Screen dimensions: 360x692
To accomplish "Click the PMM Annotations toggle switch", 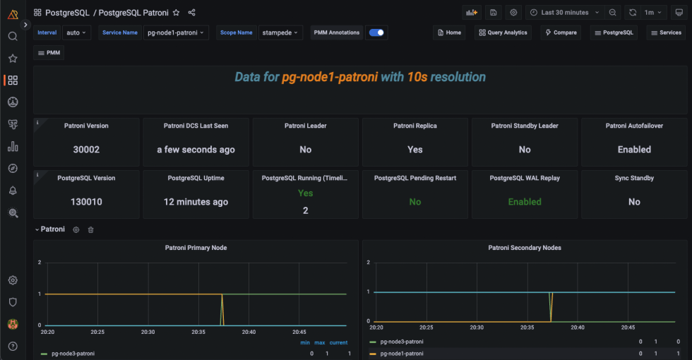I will coord(377,32).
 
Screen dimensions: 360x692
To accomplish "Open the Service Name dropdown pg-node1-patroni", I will coord(176,32).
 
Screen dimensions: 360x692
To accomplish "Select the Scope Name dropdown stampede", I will coord(280,32).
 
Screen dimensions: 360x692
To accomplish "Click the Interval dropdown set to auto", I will coord(76,32).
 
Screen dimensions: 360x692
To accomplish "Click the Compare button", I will coord(561,32).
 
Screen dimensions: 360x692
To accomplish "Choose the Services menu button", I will coord(665,32).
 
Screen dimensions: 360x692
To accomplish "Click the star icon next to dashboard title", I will coord(176,13).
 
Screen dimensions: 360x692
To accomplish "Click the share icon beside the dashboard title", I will coord(192,13).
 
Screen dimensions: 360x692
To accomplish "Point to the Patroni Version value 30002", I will coord(86,150).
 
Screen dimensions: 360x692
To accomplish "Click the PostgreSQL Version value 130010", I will coord(86,202).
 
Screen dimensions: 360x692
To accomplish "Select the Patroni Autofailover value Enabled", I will coord(634,150).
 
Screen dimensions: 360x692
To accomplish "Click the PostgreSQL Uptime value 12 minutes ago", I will coord(196,202).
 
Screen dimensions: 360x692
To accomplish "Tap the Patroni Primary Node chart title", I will coord(196,248).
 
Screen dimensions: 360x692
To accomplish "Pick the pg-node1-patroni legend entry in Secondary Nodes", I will coord(402,353).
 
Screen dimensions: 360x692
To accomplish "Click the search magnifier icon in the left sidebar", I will coord(13,36).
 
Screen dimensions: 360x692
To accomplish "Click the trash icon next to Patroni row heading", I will coord(90,229).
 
